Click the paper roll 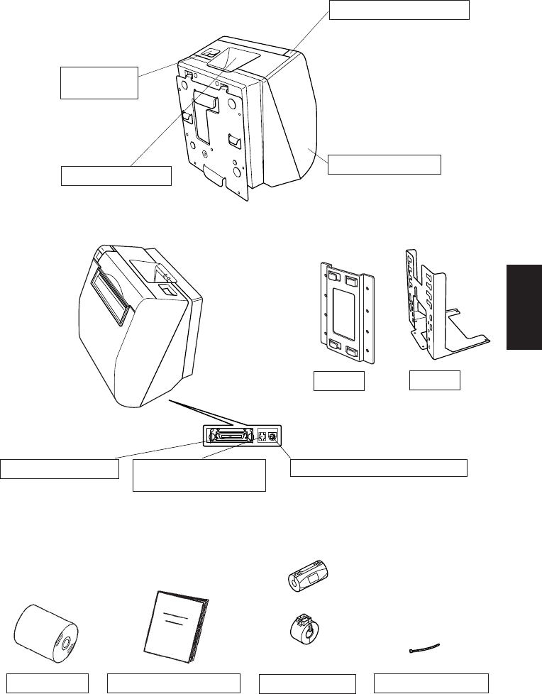[x=45, y=632]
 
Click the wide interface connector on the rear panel [x=231, y=436]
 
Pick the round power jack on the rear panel [x=272, y=436]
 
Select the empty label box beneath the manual [x=173, y=683]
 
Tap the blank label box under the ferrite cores [x=306, y=683]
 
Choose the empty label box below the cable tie [x=432, y=683]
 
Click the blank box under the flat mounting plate [x=339, y=381]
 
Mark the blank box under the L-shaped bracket [x=435, y=380]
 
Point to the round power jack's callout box [x=380, y=468]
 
